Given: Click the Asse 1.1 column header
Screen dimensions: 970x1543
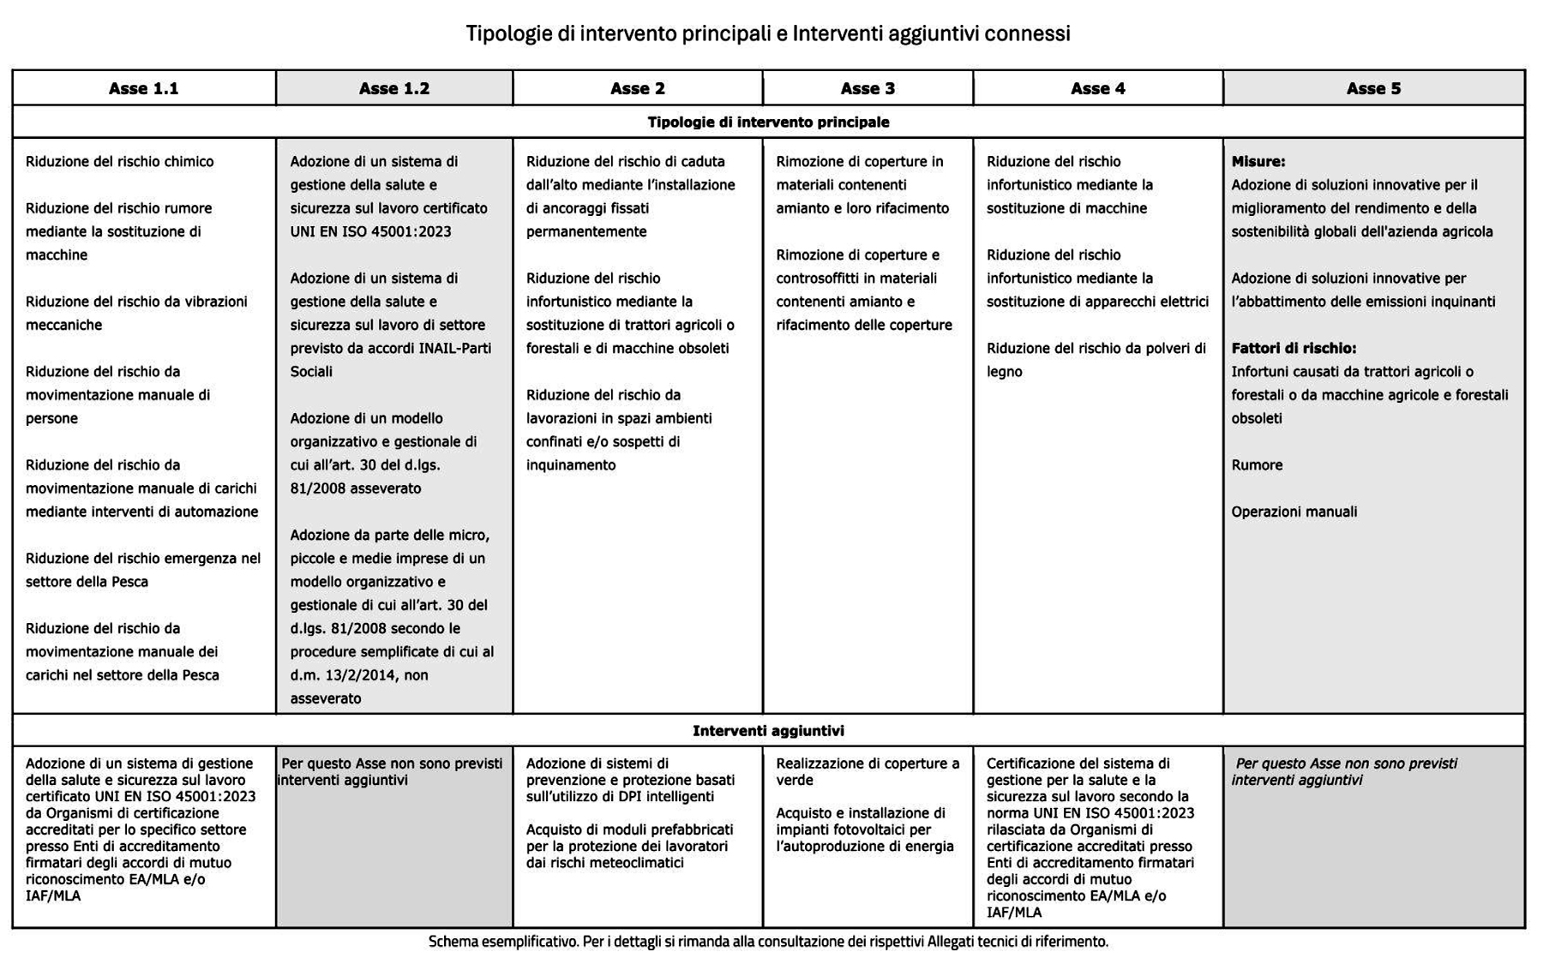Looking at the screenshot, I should pos(143,88).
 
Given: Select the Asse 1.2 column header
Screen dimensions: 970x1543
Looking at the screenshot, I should pos(393,88).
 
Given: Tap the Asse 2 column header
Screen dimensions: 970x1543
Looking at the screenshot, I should pos(637,88).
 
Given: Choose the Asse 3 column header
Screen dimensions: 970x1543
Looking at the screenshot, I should pos(868,88).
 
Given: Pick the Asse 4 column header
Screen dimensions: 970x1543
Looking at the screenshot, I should pos(1097,88).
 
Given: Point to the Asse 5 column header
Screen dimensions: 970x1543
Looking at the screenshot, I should pos(1373,88).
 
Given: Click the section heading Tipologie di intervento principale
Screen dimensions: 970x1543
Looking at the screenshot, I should pos(768,122).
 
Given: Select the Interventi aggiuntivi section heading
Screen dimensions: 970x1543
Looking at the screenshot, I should pos(768,731).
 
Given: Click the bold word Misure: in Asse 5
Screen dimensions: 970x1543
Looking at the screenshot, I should pos(1258,161).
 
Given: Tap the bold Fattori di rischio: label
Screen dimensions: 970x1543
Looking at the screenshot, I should pos(1294,348).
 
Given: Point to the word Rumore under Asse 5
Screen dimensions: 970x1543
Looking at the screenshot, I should pos(1257,465).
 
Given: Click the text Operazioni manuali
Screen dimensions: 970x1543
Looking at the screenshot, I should pos(1294,512).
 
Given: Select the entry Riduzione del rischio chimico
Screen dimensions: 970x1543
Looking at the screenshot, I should pos(120,161).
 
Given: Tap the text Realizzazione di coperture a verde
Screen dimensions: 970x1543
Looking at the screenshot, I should pos(867,771).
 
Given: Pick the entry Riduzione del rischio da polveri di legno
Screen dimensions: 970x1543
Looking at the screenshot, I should pos(1096,359).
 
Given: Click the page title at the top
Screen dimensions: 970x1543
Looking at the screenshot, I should pos(768,33).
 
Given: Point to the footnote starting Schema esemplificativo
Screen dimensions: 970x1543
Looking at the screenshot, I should pos(768,942).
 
